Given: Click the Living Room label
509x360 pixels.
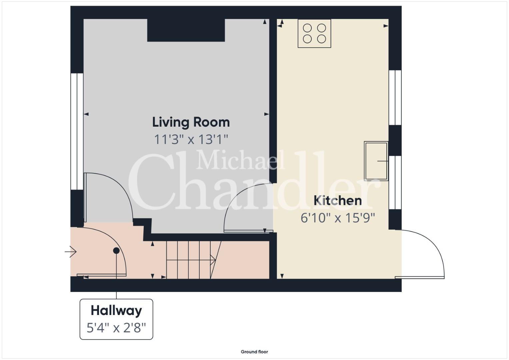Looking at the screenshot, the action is (x=191, y=122).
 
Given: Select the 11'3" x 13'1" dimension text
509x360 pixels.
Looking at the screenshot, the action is (x=191, y=139).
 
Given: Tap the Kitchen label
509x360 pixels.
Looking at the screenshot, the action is (x=337, y=201).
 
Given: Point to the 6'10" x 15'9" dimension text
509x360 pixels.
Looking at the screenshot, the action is (x=337, y=218).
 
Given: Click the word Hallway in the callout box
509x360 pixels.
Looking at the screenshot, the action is (x=116, y=311).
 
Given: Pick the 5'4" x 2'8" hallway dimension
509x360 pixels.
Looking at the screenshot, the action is (x=116, y=328).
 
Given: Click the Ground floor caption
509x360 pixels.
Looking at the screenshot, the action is (x=254, y=352).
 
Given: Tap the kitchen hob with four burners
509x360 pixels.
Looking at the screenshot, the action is (x=314, y=33).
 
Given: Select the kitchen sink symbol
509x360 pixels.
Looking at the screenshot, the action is (x=376, y=161).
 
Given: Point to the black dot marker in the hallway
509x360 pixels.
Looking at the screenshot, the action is (x=116, y=251).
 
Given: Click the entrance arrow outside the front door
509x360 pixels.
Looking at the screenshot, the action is (x=70, y=252).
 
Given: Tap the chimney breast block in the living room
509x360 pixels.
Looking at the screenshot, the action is (x=186, y=30).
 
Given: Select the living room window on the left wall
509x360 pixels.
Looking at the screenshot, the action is (x=77, y=131).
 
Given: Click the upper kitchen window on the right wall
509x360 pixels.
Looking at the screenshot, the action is (x=395, y=97).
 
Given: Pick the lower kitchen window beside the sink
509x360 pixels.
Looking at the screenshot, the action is (x=395, y=183).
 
